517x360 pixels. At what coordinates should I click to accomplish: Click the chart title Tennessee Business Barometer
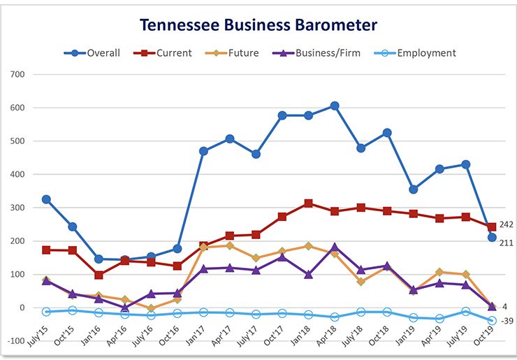point(258,25)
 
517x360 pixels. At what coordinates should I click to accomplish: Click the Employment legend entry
point(418,53)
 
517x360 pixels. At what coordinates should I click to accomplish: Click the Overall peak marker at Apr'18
point(335,106)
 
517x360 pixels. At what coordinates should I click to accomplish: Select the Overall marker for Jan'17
point(203,151)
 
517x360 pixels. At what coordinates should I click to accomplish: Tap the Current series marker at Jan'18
point(308,203)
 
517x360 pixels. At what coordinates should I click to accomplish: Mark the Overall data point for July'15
point(46,199)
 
